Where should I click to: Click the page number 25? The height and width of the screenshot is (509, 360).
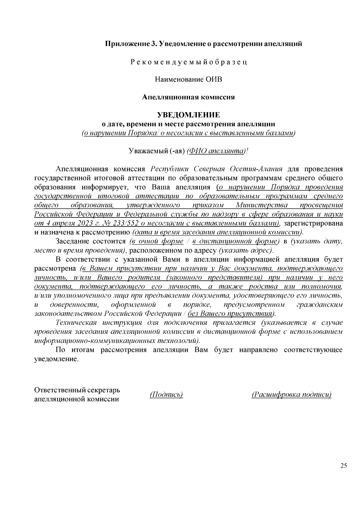point(343,466)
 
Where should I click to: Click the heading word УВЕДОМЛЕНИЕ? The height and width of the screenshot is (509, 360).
point(189,115)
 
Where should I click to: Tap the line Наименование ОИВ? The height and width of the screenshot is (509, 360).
point(189,79)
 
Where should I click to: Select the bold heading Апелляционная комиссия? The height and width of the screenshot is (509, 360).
point(188,97)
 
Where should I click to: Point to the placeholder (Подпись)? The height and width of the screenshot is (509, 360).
point(166,394)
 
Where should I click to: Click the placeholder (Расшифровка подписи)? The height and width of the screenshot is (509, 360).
point(292,394)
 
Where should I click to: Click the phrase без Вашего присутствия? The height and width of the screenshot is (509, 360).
point(230,314)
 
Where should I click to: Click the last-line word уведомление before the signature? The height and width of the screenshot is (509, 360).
point(56,359)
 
